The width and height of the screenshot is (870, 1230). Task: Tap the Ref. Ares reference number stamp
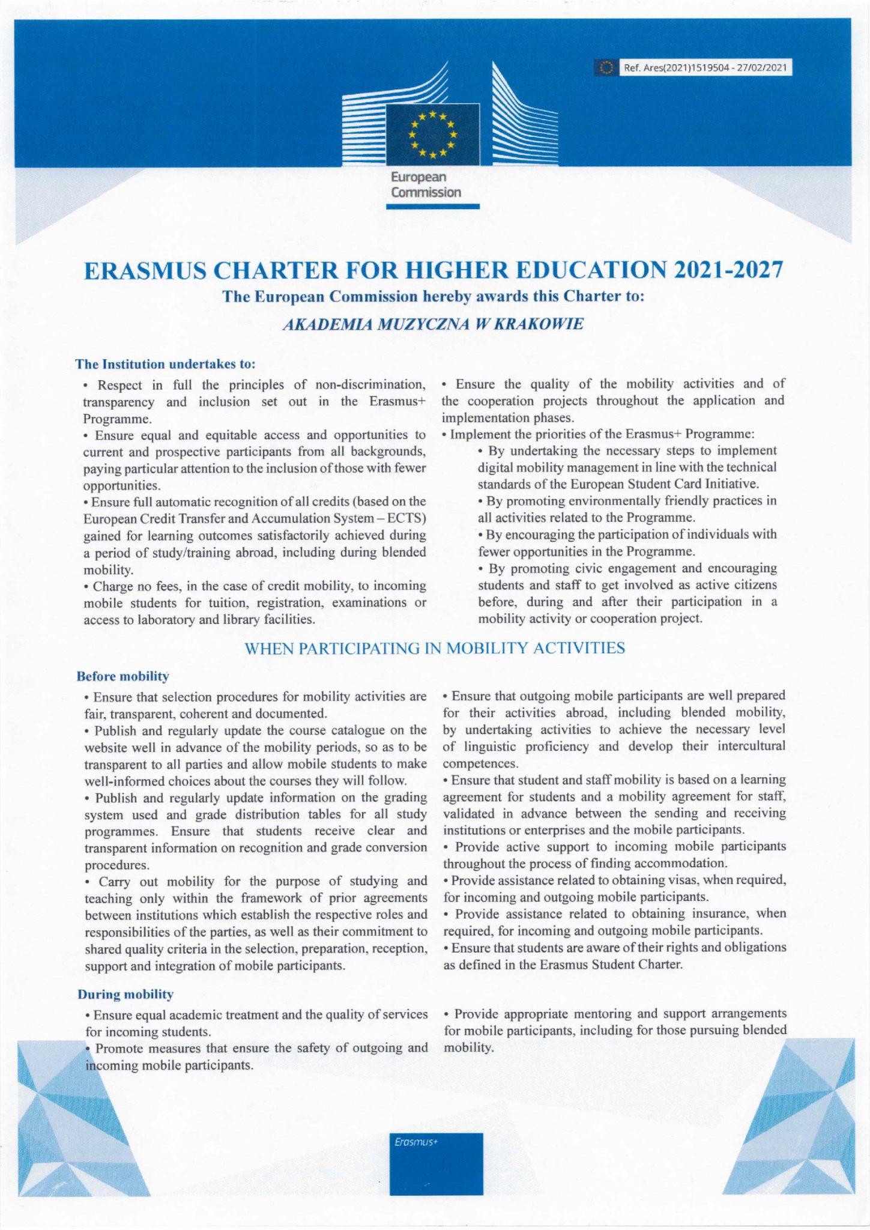(x=704, y=68)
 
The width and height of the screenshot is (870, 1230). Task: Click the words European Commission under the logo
(x=426, y=185)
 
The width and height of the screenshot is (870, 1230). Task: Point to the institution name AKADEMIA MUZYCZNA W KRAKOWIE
(x=432, y=324)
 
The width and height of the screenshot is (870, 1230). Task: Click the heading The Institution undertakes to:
(x=166, y=364)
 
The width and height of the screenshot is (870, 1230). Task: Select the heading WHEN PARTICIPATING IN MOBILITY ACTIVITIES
(x=435, y=649)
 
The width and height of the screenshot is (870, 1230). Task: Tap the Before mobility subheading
(x=123, y=676)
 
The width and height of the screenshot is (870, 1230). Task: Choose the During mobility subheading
(x=125, y=994)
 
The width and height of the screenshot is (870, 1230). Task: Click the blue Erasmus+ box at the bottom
(x=436, y=1163)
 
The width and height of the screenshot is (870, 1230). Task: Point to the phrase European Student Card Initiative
(x=664, y=483)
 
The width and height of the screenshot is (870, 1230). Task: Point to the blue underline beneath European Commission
(x=432, y=207)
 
